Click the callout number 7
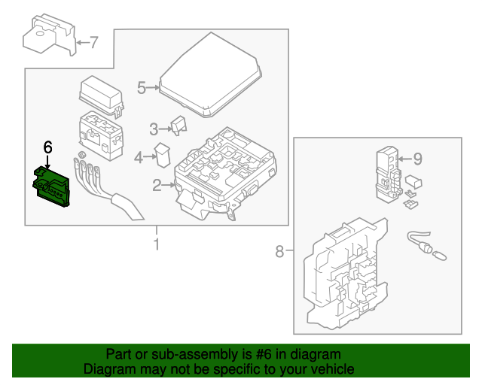[94, 42]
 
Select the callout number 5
[142, 88]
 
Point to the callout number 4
[138, 158]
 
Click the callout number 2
[157, 185]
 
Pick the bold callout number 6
[47, 147]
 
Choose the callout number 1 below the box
[157, 244]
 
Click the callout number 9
[418, 159]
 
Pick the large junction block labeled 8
[346, 274]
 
